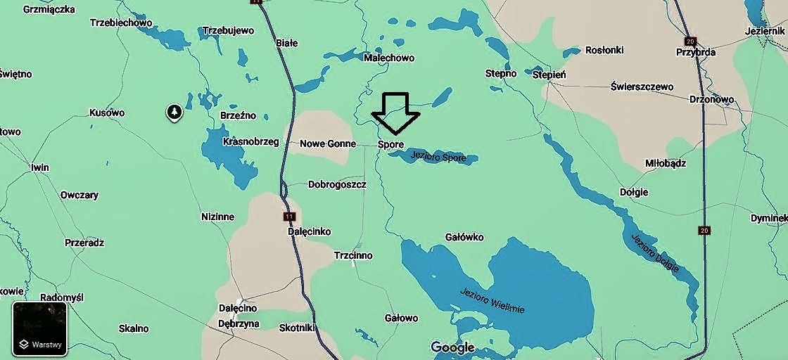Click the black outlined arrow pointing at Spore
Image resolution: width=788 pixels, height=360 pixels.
coord(395,112)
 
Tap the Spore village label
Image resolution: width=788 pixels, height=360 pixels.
coord(391,144)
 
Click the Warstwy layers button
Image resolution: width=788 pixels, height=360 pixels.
coord(40,329)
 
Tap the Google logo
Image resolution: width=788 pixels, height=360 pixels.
coord(452,347)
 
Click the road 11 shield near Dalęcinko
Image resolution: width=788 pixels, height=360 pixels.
coord(289,216)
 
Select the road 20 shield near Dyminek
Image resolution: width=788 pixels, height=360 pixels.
coord(704,230)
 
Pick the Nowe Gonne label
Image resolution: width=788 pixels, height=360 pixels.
coord(328,143)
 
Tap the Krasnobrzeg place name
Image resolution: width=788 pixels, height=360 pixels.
coord(250,141)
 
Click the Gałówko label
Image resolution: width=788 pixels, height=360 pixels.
coord(464,237)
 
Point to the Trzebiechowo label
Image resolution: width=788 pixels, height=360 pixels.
coord(121,22)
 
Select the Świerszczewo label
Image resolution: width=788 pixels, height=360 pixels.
coord(642,86)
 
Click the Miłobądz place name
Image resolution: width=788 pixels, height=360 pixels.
coord(666,163)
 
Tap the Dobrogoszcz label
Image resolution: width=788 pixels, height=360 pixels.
coord(337,184)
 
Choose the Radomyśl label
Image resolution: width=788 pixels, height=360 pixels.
coord(62,297)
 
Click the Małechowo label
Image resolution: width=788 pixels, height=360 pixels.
coord(389,58)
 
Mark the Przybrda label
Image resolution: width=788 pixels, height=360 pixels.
coord(695,52)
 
